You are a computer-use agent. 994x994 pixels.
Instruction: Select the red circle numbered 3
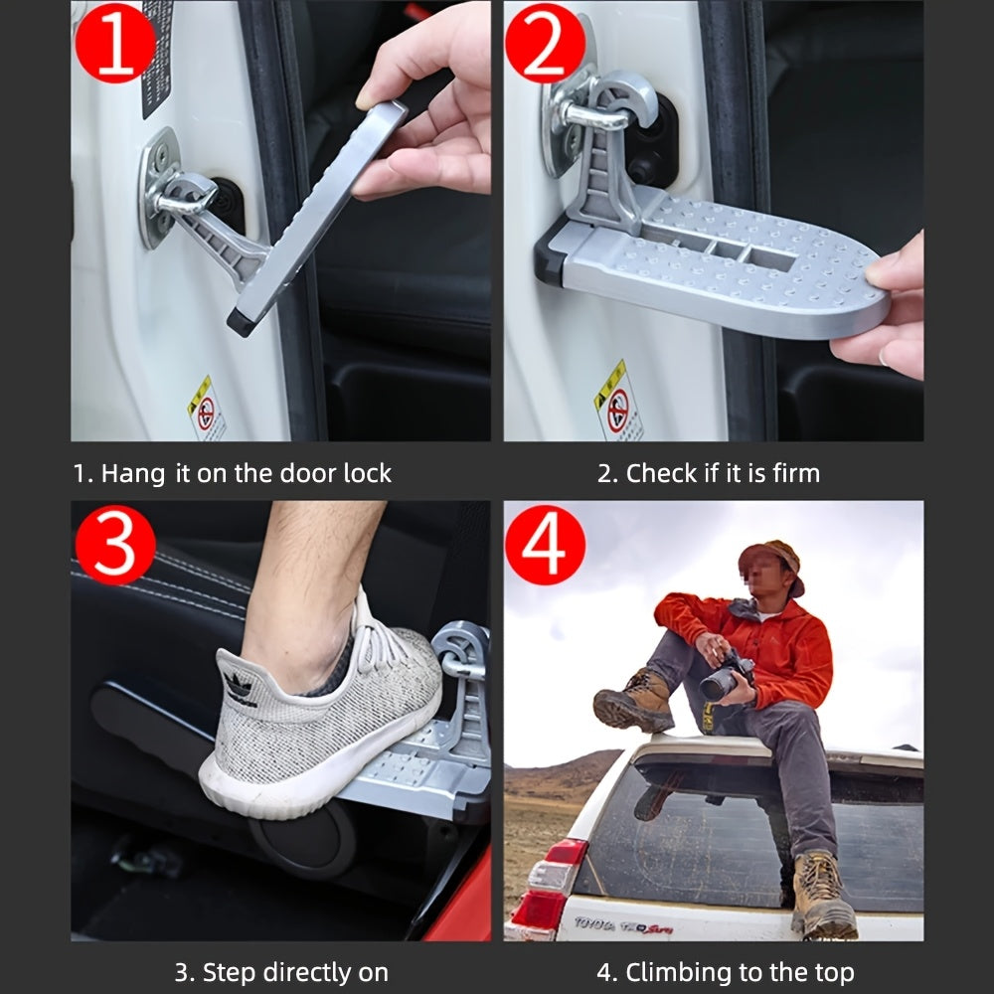[x=114, y=544]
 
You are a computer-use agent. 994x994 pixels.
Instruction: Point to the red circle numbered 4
[x=545, y=544]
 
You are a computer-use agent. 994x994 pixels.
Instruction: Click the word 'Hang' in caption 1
[x=132, y=474]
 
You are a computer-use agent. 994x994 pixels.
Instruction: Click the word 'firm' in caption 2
[x=795, y=474]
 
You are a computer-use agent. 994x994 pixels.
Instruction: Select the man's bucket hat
[x=772, y=560]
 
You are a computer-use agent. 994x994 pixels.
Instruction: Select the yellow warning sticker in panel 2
[x=617, y=401]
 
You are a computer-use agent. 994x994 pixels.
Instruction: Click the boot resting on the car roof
[x=633, y=701]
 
